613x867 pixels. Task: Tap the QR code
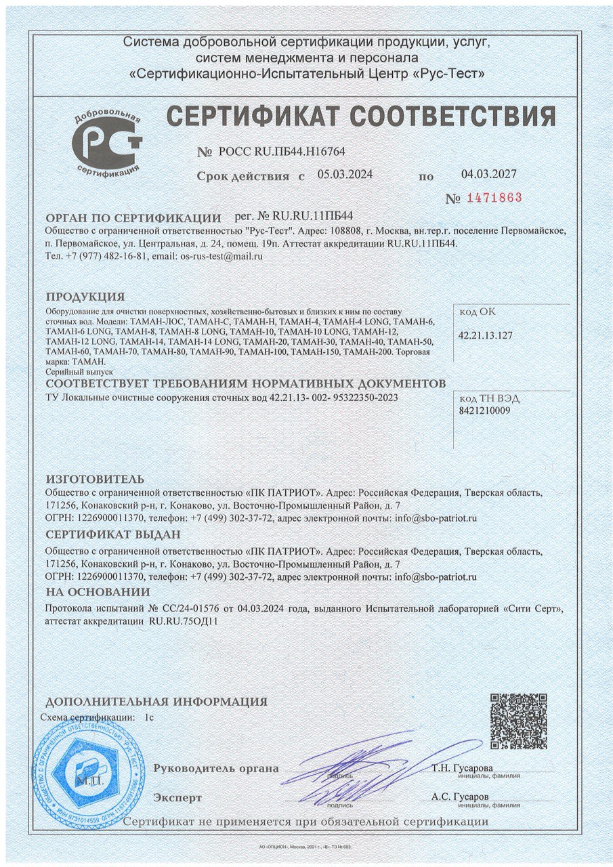coord(518,721)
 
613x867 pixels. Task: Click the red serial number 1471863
coord(492,198)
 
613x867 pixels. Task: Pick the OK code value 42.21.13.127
coord(486,335)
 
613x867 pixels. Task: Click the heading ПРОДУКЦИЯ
coord(85,297)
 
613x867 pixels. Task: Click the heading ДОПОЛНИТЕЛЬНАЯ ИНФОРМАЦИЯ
coord(156,701)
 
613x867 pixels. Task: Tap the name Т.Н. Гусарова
coord(461,768)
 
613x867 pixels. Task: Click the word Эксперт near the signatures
coord(177,797)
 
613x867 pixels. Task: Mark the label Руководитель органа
coord(216,768)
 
